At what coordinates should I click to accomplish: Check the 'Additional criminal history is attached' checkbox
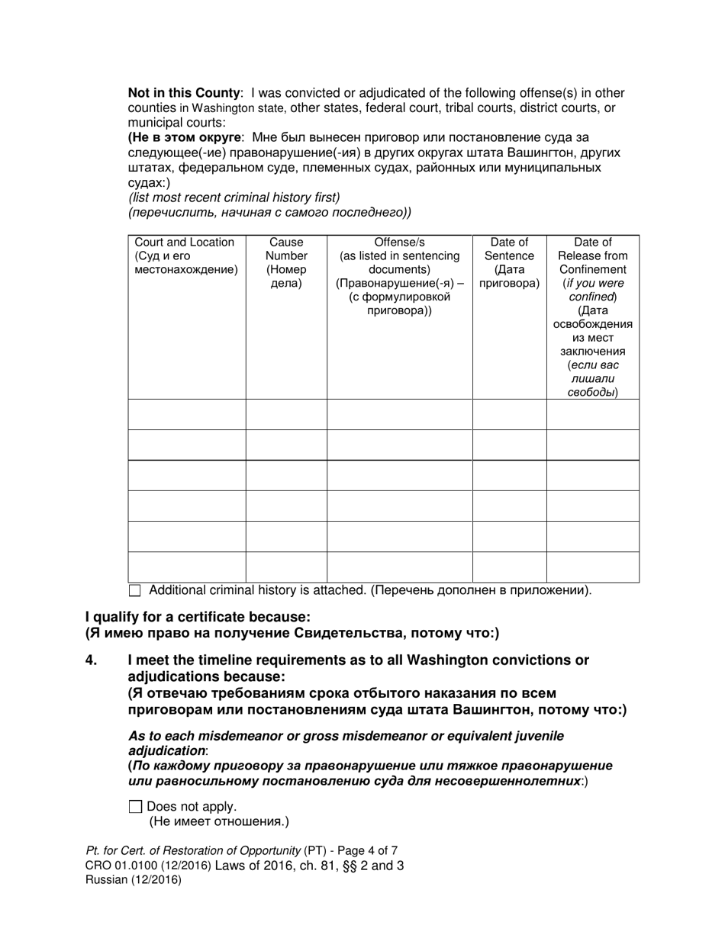(x=135, y=590)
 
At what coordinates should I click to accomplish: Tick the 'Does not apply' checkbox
(x=136, y=806)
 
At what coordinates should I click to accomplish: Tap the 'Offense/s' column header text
(x=399, y=243)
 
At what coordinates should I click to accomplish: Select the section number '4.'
(x=92, y=660)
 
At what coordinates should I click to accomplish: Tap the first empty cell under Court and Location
(x=186, y=414)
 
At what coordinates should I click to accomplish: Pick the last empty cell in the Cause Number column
(x=286, y=567)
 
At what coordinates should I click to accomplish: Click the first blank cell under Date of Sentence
(x=509, y=414)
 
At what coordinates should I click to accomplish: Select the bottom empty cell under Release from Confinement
(x=592, y=567)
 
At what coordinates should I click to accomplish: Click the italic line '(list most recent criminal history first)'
(x=234, y=198)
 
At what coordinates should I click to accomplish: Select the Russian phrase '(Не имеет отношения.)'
(x=219, y=821)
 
